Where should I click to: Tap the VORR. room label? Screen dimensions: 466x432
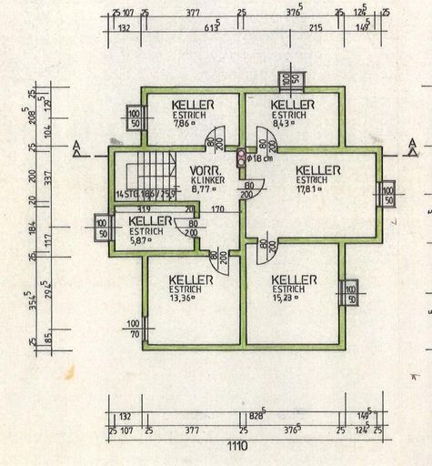[x=206, y=171]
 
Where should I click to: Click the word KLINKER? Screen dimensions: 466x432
[x=207, y=181]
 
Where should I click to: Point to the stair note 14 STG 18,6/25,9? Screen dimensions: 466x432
[x=146, y=194]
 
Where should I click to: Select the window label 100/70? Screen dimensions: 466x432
[x=134, y=329]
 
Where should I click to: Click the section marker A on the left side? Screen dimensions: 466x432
[x=78, y=146]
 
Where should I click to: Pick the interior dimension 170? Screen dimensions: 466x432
[x=218, y=208]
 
